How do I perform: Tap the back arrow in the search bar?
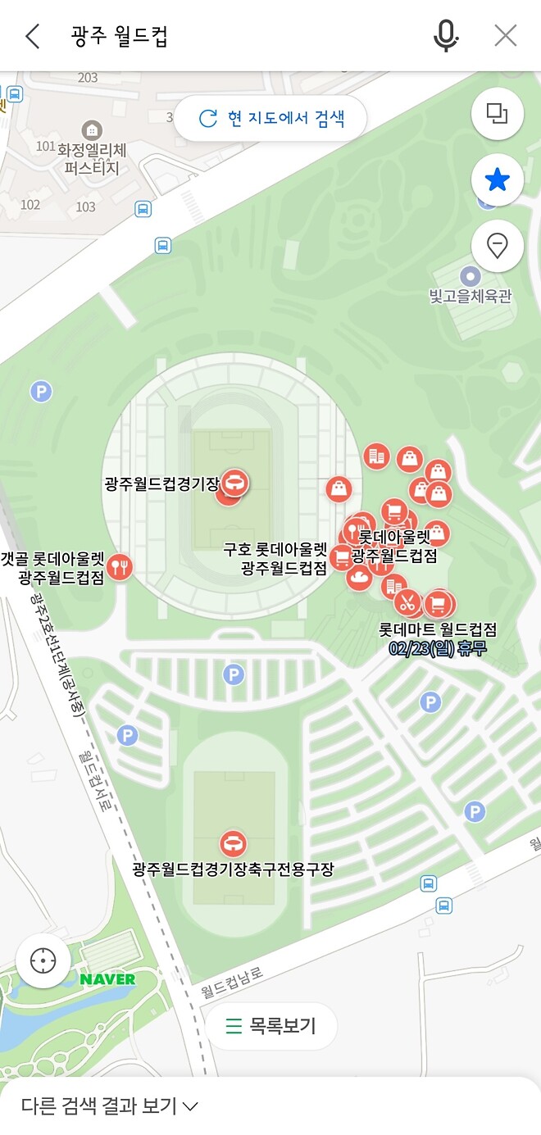tap(33, 36)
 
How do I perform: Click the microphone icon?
tap(446, 35)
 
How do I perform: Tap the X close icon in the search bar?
tap(506, 35)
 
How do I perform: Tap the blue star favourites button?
tap(498, 179)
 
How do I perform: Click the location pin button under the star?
tap(498, 245)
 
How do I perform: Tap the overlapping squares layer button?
tap(498, 113)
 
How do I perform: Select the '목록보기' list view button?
tap(271, 1025)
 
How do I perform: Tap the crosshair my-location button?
tap(43, 960)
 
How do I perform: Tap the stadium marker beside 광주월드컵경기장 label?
tap(234, 483)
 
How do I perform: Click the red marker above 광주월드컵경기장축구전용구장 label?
tap(233, 842)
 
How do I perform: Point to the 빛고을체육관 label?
tap(471, 296)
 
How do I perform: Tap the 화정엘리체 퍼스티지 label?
tap(92, 159)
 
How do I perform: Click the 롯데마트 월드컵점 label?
tap(438, 630)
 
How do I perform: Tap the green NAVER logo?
tap(107, 978)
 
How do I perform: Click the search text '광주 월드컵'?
tap(120, 36)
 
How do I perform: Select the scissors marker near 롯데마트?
tap(407, 602)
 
